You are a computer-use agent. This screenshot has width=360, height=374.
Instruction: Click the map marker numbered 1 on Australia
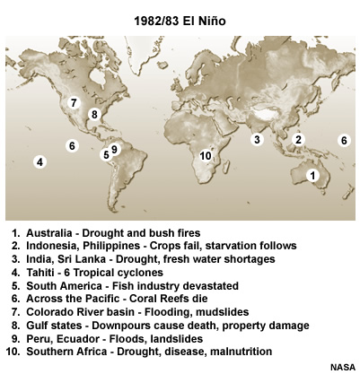(x=313, y=176)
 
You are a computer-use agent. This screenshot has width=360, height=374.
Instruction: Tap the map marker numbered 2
(x=298, y=139)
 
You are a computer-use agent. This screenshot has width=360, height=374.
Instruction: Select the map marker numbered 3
(x=257, y=139)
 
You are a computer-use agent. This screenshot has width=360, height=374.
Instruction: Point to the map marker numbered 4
(x=40, y=161)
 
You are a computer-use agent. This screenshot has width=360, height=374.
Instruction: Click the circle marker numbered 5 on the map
(x=105, y=154)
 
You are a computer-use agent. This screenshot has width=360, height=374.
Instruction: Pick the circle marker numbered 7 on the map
(x=74, y=102)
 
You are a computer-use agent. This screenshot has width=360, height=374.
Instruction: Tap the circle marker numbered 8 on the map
(x=94, y=114)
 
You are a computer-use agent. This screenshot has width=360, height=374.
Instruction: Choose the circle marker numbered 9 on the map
(x=114, y=149)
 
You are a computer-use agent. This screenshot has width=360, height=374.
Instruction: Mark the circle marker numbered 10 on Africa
(x=206, y=156)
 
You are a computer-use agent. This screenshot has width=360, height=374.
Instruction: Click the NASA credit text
(x=341, y=367)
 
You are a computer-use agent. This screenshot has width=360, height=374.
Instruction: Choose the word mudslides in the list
(x=215, y=312)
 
